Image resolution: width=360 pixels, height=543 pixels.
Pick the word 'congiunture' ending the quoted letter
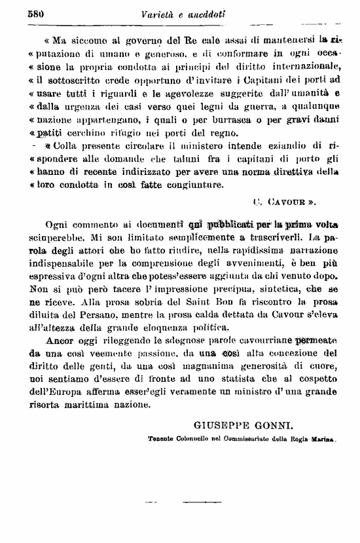tap(194, 185)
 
